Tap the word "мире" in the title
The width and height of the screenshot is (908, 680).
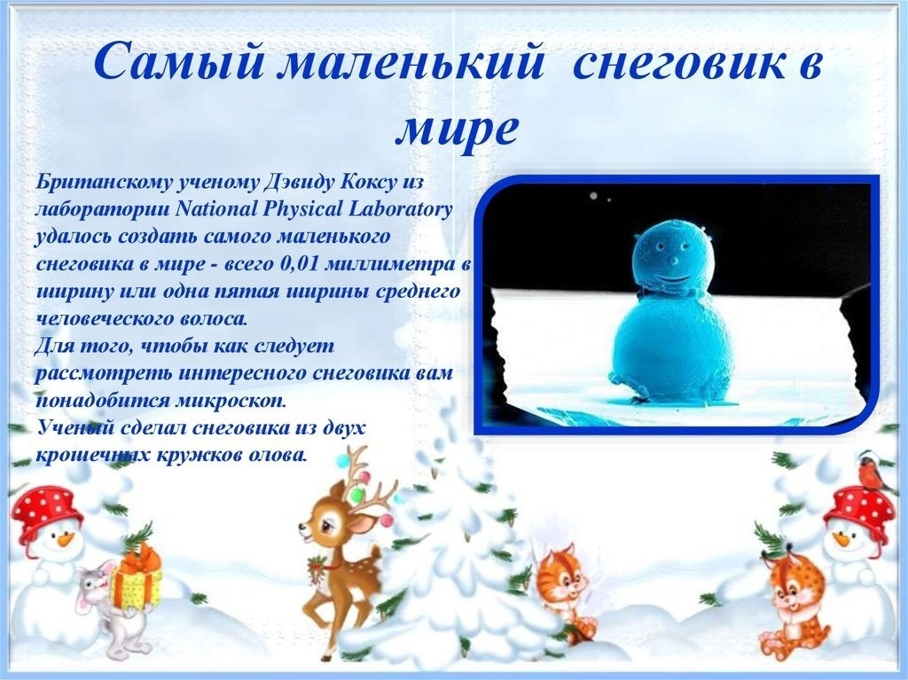coord(456,129)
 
